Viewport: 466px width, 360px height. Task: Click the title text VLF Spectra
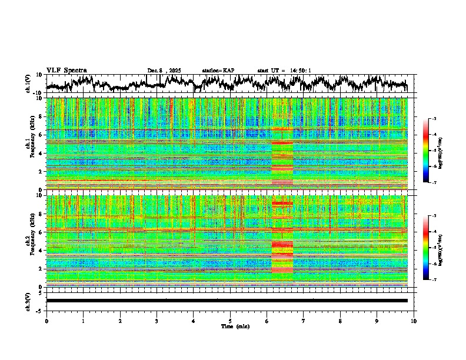(66, 70)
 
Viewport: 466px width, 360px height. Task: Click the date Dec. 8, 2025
(164, 71)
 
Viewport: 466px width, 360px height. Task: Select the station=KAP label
(218, 71)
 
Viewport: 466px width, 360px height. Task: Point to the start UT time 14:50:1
(284, 71)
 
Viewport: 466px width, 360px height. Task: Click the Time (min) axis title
(235, 326)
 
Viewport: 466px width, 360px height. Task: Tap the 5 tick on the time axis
(230, 321)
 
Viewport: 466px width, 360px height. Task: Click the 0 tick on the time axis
(46, 321)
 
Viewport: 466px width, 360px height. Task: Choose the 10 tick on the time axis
(414, 321)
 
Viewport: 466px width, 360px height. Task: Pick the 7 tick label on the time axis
(304, 321)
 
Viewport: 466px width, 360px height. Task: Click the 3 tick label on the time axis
(157, 321)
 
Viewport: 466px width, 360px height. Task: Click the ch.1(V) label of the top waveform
(28, 84)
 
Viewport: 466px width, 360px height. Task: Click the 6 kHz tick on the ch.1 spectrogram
(41, 135)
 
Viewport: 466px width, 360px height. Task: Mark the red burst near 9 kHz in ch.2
(282, 204)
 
